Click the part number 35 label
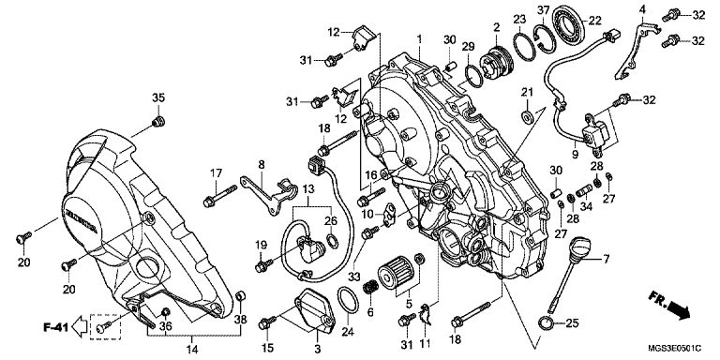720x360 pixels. [158, 97]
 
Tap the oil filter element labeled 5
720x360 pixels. [396, 273]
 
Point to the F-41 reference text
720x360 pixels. [55, 327]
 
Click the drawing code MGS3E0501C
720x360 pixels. [681, 347]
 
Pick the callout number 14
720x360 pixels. [192, 350]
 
